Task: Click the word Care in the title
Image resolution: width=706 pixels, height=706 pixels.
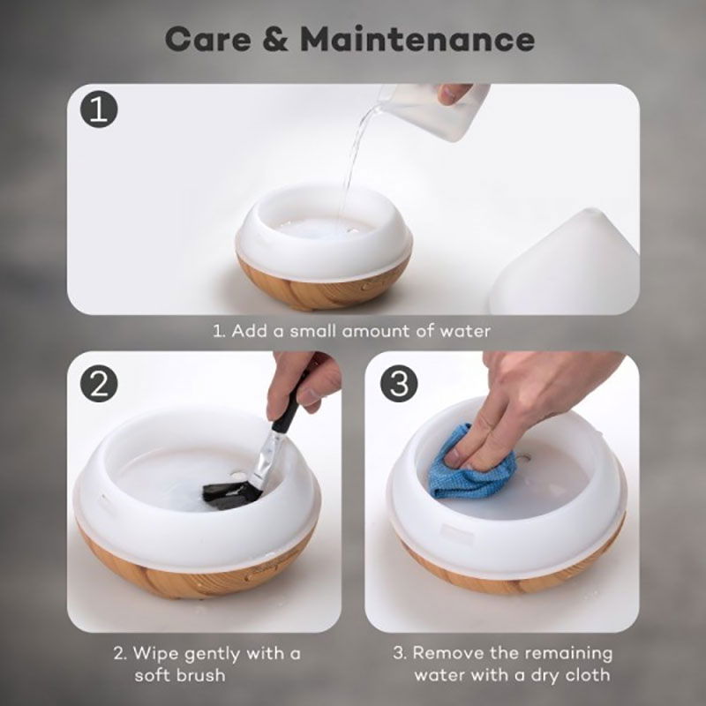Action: coord(208,39)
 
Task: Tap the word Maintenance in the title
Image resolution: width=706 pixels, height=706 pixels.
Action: coord(417,39)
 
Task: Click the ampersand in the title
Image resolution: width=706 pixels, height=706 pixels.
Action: coord(275,39)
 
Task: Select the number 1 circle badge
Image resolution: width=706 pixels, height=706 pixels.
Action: coord(99,109)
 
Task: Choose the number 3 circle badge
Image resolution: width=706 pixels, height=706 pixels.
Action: coord(399,384)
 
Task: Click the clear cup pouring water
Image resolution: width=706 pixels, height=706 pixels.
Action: coord(432,110)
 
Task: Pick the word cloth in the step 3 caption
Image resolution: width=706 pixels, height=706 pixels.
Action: coord(587,675)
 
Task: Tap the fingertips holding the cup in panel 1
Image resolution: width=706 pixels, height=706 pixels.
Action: coord(453,94)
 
